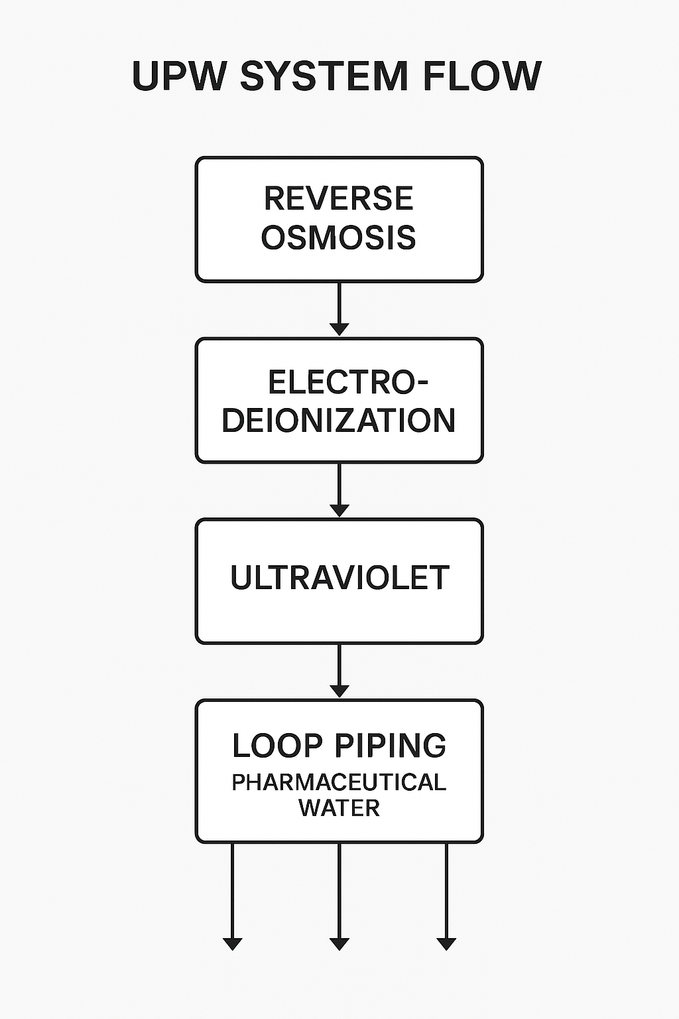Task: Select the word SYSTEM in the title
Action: coord(324,76)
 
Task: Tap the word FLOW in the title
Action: coord(482,76)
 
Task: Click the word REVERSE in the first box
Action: coord(339,198)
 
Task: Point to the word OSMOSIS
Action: coord(339,238)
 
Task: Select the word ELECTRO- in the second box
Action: coord(347,382)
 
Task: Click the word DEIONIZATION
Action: coord(339,421)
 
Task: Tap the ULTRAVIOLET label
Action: coord(339,578)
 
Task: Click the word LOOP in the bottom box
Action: coord(277,746)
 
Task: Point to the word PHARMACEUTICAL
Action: coord(339,783)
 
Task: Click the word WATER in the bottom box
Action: coord(339,808)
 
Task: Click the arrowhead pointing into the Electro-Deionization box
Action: coord(339,329)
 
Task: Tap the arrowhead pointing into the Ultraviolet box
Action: coord(339,510)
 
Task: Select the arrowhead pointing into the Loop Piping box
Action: coord(339,691)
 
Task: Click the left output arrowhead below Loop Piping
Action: coord(232,943)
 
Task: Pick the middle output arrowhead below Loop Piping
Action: coord(339,943)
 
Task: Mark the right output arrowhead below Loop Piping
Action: coord(446,943)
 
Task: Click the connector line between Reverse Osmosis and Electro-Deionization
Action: coord(339,303)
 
